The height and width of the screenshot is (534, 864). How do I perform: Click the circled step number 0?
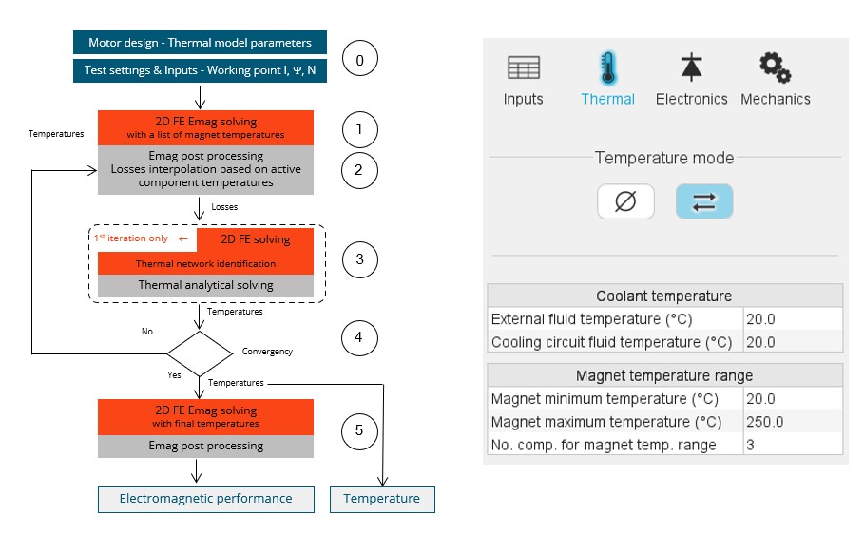[359, 61]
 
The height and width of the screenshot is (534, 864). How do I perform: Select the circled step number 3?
[359, 258]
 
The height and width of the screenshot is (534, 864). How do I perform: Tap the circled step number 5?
[359, 430]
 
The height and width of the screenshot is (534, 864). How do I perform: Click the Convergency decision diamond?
[199, 353]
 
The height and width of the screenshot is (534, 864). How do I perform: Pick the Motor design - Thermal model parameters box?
[200, 43]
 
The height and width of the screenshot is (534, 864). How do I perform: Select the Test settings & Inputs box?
[200, 70]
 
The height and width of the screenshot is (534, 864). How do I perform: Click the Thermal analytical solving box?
[206, 285]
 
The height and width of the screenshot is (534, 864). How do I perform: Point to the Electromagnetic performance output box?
[205, 499]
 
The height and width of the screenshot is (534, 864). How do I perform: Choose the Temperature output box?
[381, 499]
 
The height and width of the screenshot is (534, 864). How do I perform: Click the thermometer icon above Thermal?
[607, 68]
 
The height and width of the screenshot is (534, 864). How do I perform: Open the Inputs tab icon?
[523, 68]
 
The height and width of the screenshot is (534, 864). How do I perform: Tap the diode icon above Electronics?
[691, 67]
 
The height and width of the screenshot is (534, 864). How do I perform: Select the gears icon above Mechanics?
[775, 67]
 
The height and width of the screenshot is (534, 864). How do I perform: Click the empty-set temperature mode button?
[625, 202]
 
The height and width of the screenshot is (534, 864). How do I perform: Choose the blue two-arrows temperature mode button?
[703, 202]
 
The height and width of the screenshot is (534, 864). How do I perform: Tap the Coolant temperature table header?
[664, 296]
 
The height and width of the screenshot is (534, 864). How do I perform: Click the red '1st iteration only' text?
[134, 238]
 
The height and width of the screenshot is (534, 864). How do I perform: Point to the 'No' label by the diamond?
[146, 333]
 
